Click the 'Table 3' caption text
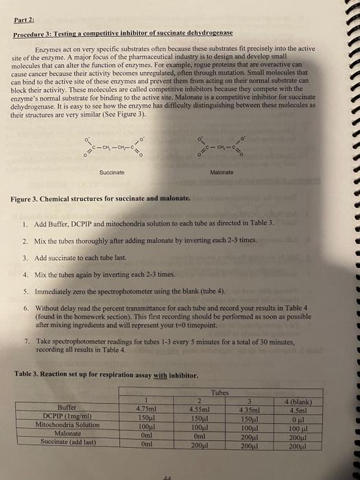(97, 374)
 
